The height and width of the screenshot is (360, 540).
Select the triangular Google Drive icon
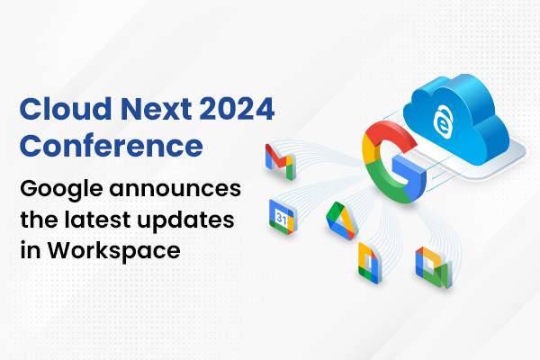pos(340,219)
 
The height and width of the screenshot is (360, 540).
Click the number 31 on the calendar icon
pos(279,218)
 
